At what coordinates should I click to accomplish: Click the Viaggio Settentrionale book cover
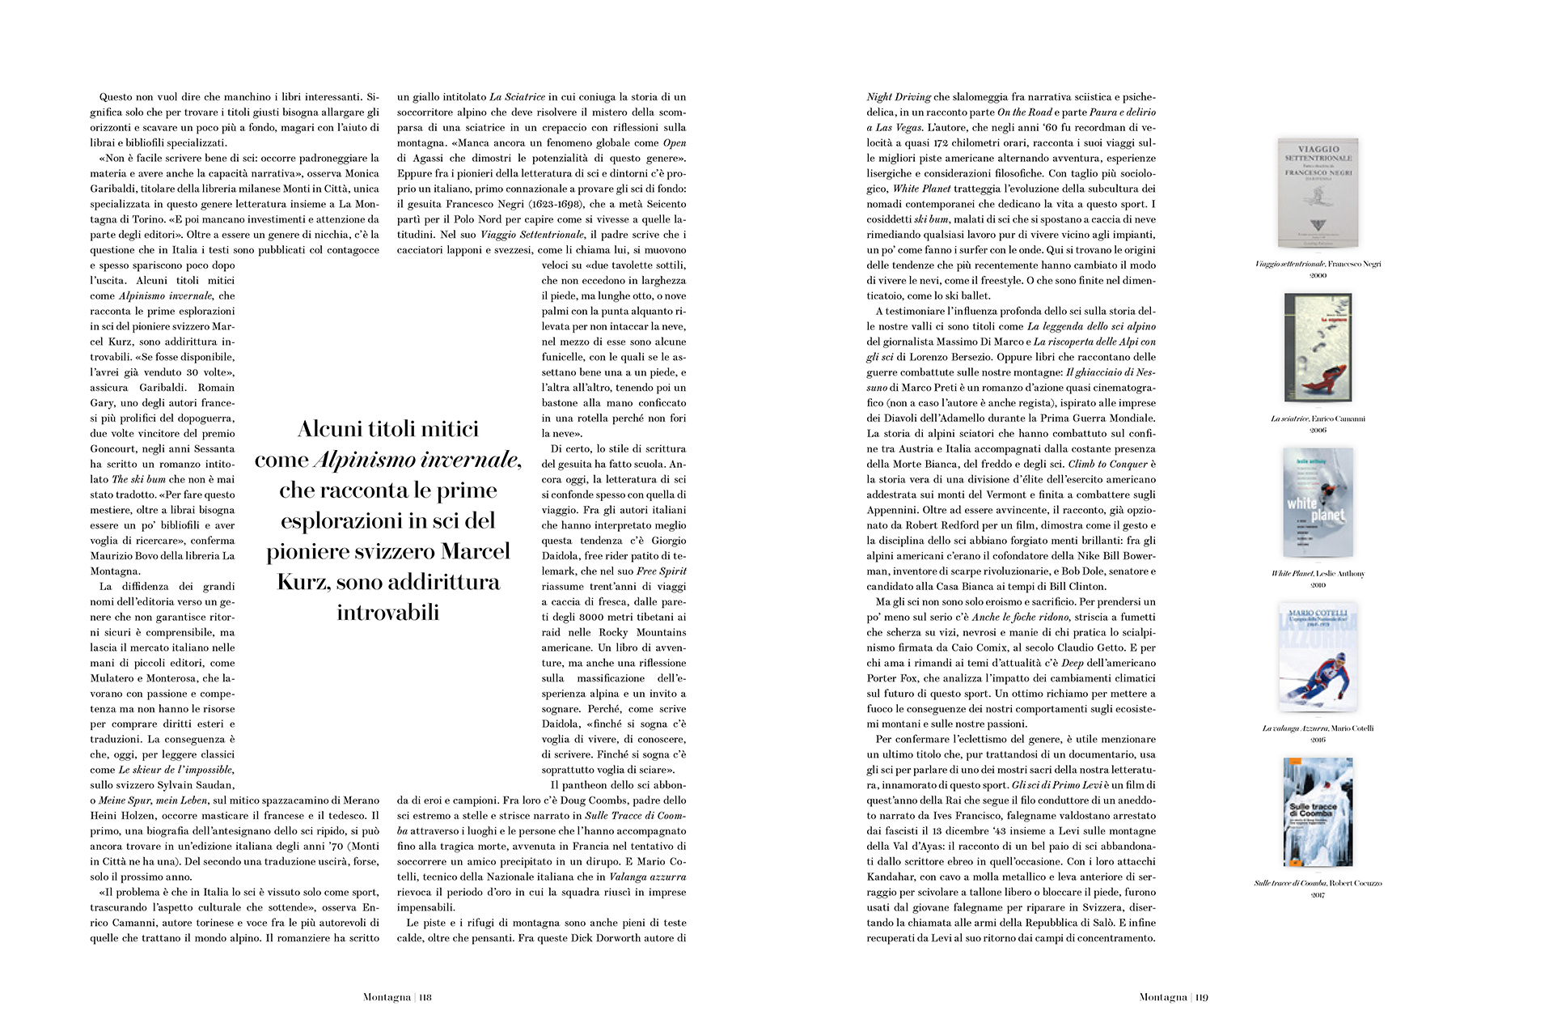tap(1318, 193)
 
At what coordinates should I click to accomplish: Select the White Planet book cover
tap(1318, 501)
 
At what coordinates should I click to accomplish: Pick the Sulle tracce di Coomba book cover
tap(1318, 812)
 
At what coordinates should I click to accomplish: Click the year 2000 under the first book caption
tap(1318, 276)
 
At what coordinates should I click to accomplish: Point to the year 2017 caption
tap(1318, 894)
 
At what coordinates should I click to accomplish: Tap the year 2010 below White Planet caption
tap(1318, 585)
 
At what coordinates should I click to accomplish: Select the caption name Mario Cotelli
tap(1352, 728)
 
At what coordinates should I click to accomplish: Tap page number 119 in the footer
tap(1201, 997)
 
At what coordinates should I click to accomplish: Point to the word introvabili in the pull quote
tap(388, 613)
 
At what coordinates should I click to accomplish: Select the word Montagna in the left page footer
tap(387, 997)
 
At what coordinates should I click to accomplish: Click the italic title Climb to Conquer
tap(1107, 465)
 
